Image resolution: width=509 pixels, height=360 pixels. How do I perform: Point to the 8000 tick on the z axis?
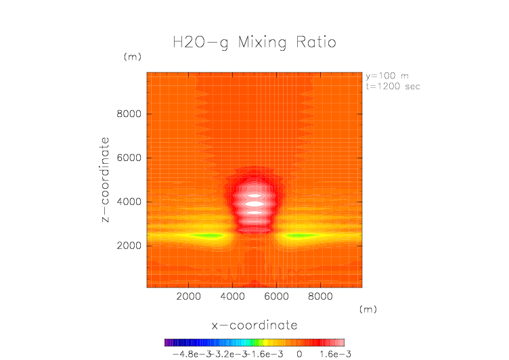pos(128,114)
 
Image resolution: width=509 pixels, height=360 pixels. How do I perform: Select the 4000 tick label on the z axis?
pos(128,202)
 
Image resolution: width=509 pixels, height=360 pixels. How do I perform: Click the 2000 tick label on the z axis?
pos(128,246)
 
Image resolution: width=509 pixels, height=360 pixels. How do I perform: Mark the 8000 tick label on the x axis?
pos(319,296)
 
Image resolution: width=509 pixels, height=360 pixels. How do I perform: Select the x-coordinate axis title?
pos(255,325)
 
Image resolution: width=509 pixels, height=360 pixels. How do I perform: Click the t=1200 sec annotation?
pos(393,86)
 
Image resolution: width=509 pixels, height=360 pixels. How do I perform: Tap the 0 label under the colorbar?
pos(298,353)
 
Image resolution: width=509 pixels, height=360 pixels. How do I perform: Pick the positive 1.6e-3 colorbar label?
pos(331,353)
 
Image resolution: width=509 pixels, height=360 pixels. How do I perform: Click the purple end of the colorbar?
pos(167,342)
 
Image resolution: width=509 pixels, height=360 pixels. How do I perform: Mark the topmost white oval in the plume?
pos(255,196)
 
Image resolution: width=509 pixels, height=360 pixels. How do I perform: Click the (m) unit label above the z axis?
pos(131,58)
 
